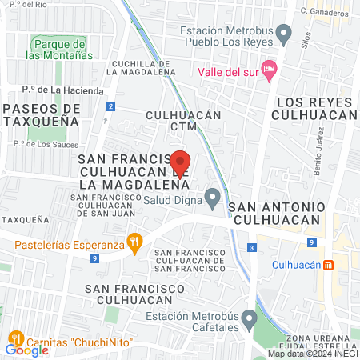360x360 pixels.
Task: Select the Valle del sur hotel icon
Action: point(269,68)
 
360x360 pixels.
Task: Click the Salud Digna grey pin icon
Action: point(213,196)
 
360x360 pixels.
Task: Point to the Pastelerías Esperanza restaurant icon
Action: point(135,239)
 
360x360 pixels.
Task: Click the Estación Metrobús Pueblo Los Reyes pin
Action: point(284,34)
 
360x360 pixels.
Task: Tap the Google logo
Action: point(26,350)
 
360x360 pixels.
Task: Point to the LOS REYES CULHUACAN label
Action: point(314,109)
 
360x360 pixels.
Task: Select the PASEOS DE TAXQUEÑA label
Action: point(41,114)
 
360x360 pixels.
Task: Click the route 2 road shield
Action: point(110,106)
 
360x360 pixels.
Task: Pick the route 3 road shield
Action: point(252,249)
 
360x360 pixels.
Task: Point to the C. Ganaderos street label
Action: point(324,12)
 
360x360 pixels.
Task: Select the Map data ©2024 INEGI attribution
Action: point(313,354)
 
